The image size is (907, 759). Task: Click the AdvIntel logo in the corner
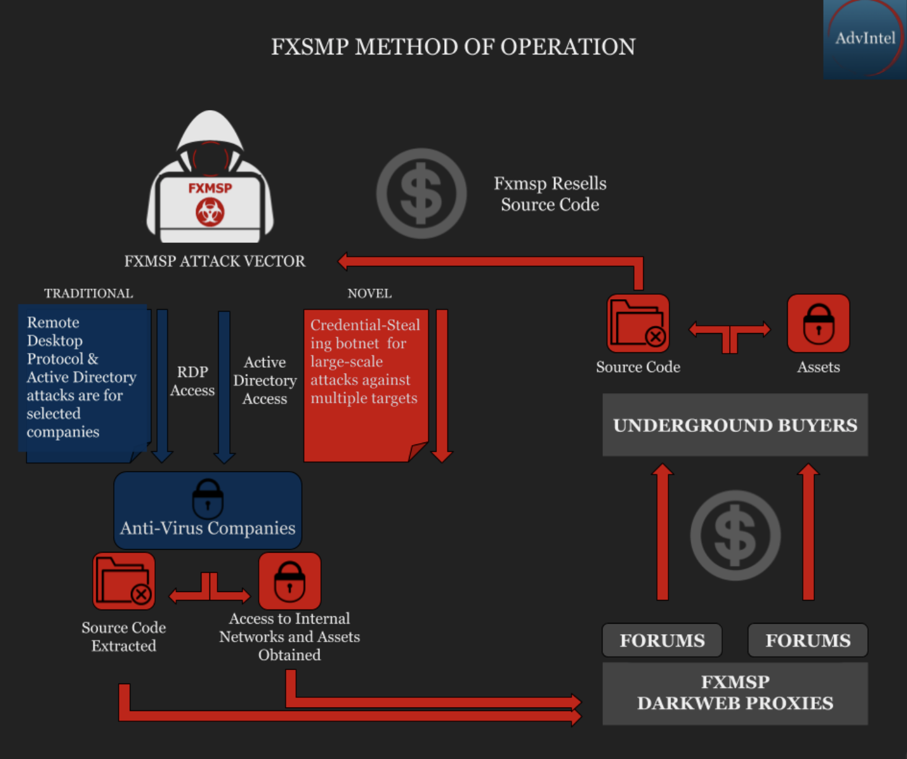tap(864, 38)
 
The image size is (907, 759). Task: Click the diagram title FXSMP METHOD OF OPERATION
tap(453, 47)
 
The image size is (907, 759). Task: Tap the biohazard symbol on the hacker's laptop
tap(210, 213)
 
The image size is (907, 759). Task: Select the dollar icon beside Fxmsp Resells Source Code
tap(421, 193)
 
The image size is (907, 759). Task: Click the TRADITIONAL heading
tap(88, 294)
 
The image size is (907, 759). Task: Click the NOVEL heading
tap(369, 294)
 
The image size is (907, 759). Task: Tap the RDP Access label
tap(192, 381)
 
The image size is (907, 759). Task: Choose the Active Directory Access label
tap(264, 380)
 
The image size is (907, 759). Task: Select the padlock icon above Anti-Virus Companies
tap(208, 498)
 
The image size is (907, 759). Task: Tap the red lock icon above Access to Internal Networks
tap(289, 581)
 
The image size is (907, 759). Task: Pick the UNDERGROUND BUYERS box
tap(735, 425)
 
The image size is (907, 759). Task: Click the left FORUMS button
tap(662, 640)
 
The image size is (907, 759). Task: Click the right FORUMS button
tap(808, 640)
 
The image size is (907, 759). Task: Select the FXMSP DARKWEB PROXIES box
tap(735, 693)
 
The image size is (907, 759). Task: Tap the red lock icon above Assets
tap(818, 323)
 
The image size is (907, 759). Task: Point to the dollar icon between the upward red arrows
tap(735, 535)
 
